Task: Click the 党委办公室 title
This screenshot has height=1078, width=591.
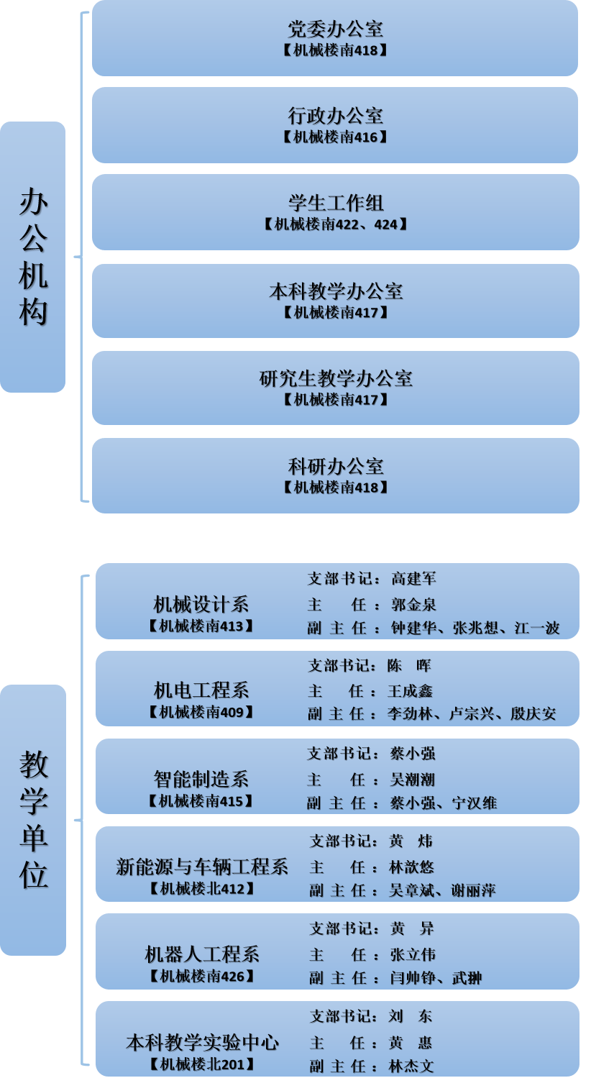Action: [x=336, y=29]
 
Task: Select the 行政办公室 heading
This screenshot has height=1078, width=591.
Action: [x=336, y=116]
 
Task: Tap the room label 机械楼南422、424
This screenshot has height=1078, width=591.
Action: [x=336, y=224]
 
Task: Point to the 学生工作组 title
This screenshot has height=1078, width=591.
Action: [x=336, y=203]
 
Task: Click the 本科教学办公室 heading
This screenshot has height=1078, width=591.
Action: [x=336, y=291]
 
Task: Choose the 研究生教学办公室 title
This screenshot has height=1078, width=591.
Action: [x=336, y=379]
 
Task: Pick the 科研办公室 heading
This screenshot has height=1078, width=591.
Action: [x=336, y=466]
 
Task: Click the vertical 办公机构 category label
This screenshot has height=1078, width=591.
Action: [x=33, y=257]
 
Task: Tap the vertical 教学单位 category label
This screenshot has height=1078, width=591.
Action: [x=33, y=820]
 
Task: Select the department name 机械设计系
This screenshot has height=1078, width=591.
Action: [x=201, y=604]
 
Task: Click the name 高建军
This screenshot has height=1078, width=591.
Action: [x=414, y=578]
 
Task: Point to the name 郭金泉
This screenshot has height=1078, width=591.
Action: [x=414, y=605]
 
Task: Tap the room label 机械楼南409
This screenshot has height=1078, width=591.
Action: [x=201, y=712]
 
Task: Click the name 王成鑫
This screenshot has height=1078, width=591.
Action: [x=410, y=692]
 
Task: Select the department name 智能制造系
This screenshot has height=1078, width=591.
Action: [x=201, y=780]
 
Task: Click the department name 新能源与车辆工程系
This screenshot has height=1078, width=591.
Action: [x=202, y=867]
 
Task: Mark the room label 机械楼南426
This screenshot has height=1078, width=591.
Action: [x=202, y=977]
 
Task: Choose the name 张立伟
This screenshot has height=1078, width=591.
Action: [x=413, y=955]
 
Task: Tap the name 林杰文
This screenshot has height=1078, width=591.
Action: [x=411, y=1066]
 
